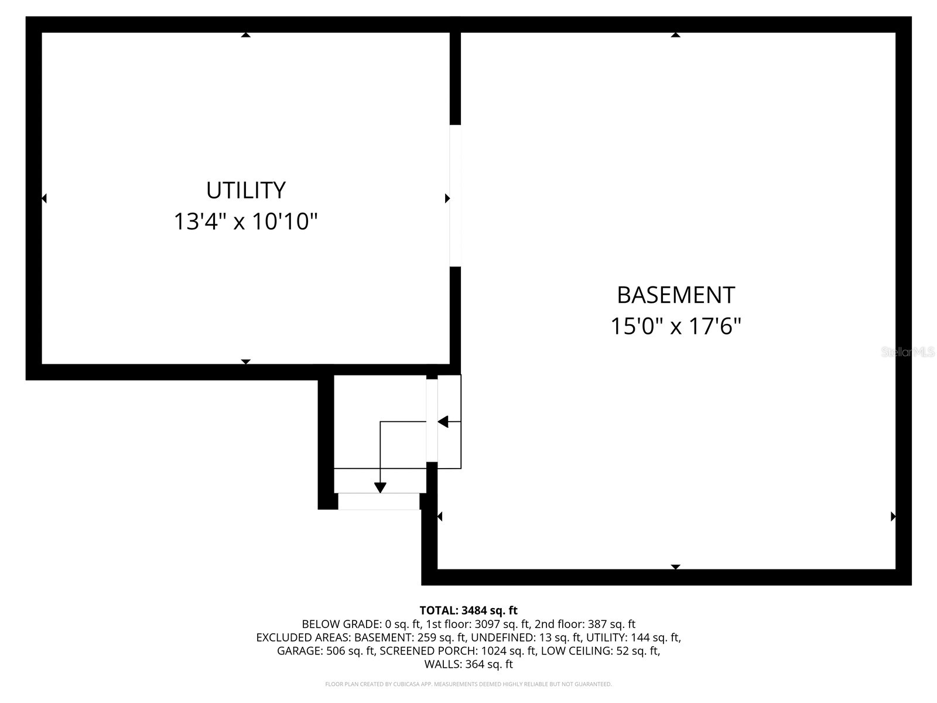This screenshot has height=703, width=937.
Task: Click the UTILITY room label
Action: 245,190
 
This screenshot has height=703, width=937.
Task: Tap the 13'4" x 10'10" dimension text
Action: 245,222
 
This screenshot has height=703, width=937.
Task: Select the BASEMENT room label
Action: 676,295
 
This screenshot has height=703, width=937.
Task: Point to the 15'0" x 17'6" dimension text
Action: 676,326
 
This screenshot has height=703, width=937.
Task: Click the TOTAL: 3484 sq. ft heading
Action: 468,610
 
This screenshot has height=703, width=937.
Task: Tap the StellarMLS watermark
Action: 908,352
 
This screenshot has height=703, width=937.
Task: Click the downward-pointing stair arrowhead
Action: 380,487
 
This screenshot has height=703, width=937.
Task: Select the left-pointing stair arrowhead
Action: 443,422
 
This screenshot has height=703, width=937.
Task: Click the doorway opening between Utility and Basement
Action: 455,196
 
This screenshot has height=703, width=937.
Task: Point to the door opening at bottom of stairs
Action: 379,501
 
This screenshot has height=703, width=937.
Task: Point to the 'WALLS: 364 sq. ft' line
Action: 468,664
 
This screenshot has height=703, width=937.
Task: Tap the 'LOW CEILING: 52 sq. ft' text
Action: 600,651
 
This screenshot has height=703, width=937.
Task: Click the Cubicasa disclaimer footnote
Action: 468,684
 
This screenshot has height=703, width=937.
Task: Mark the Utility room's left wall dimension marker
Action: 44,198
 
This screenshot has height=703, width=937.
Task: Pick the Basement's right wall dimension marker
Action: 893,517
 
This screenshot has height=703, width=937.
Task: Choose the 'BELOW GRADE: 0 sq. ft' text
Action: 361,624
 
